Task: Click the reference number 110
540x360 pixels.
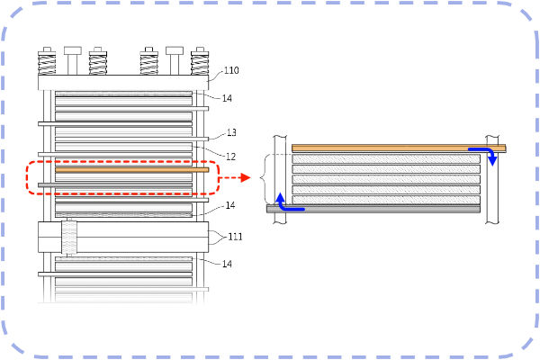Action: pos(231,70)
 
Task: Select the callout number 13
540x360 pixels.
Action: pos(231,132)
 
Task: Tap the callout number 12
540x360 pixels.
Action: pos(230,157)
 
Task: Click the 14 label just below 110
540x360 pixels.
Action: pos(228,98)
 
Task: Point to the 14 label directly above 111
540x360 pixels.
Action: pos(230,206)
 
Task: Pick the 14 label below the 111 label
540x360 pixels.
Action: pos(228,264)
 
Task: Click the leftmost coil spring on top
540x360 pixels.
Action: pos(46,63)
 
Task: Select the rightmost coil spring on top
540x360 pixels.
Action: pos(199,63)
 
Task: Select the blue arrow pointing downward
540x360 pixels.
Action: pos(492,159)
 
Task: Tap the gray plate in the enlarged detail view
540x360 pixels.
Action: pos(378,209)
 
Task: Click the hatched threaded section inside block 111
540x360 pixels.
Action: pos(69,237)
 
